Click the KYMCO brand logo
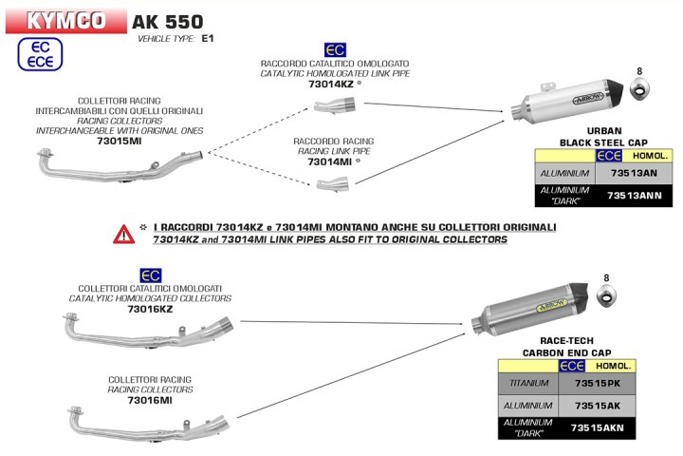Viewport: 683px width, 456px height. point(65,19)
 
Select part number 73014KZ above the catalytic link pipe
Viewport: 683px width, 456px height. point(331,84)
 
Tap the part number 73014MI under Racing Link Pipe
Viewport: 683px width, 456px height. point(330,162)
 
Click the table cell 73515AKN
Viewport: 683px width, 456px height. point(600,428)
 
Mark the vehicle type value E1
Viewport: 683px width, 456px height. point(208,39)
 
